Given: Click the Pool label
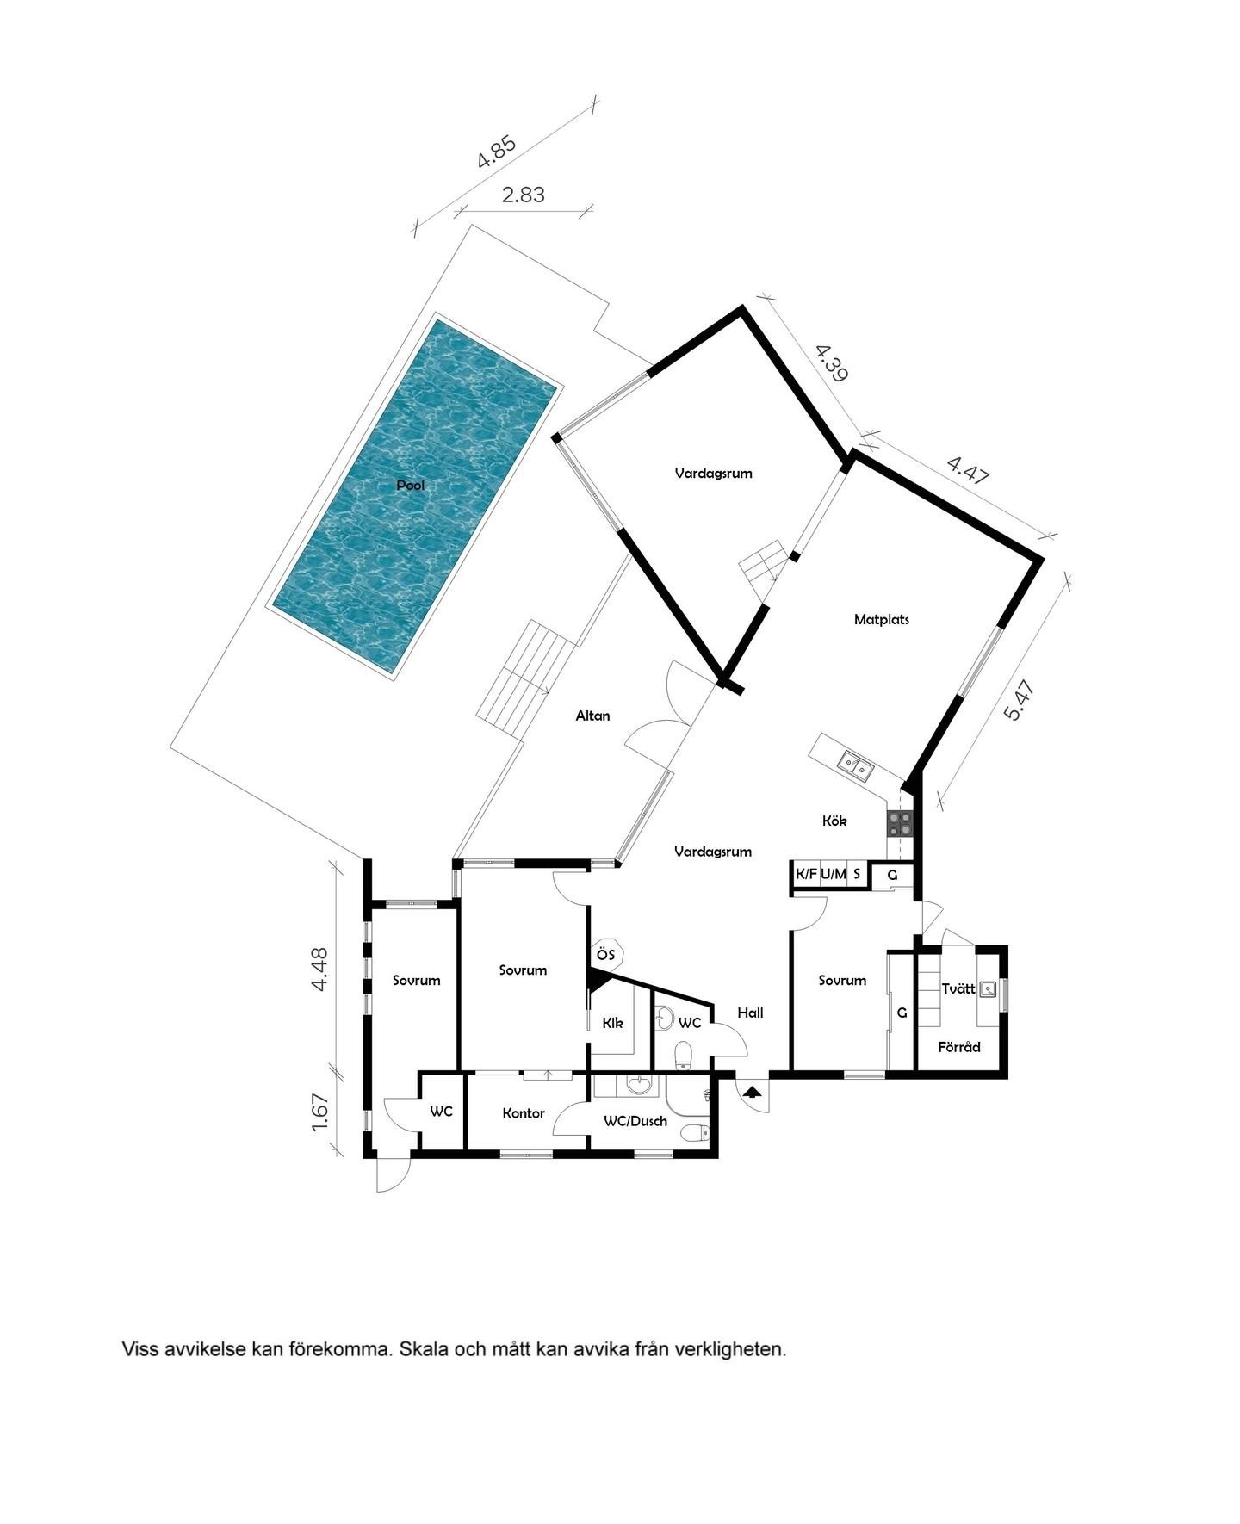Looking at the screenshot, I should pos(410,486).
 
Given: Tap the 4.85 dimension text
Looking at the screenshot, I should pos(497,152).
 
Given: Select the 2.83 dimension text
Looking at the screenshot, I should pos(524,195).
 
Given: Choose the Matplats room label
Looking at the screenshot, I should pos(881,619).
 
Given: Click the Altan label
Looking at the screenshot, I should pos(592,716).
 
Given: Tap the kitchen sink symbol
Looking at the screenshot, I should pos(855,763).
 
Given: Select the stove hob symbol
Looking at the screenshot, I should pos(900,824).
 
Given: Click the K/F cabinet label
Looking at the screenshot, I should pos(806,875).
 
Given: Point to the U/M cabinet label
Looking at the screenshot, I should pos(833,875).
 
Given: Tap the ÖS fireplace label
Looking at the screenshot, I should pos(605,954).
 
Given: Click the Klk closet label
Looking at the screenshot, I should pos(612,1024).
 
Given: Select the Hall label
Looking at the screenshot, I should pos(750,1013).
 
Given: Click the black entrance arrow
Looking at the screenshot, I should pos(753,1092).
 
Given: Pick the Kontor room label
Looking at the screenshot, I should pos(524,1113).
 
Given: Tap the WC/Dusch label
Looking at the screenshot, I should pos(635,1121).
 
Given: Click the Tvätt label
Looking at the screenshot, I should pos(958,988).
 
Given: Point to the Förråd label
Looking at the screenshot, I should pos(958,1047).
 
